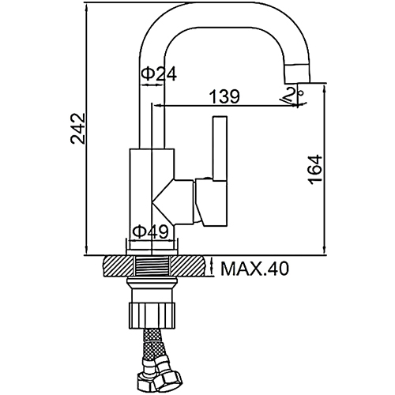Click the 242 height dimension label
[78, 129]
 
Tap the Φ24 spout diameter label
[159, 74]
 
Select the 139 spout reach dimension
[224, 96]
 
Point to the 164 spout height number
[315, 170]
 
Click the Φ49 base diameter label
[150, 231]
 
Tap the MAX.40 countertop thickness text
[255, 269]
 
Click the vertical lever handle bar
[220, 149]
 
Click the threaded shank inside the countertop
[152, 266]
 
